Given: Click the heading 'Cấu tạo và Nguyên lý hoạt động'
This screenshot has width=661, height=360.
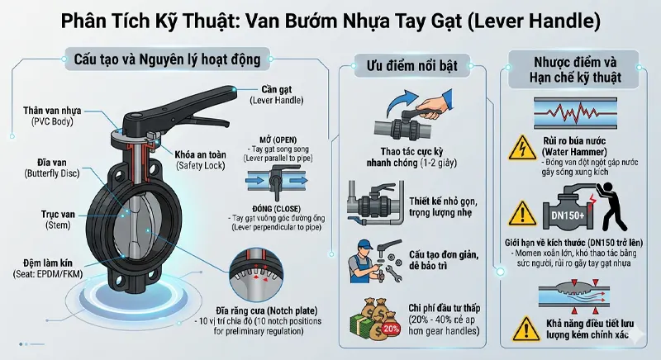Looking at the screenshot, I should [162, 59].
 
